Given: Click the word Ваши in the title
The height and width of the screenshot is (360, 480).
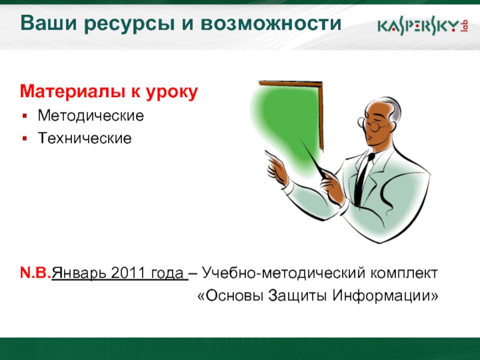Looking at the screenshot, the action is (48, 23).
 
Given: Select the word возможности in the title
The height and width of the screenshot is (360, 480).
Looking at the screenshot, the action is (271, 23).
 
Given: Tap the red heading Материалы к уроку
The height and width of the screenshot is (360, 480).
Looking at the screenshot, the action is (109, 92).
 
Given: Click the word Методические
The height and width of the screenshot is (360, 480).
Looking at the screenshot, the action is (91, 116).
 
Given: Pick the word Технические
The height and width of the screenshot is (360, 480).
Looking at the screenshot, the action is (85, 138).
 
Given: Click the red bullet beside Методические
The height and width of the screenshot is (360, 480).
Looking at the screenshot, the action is (25, 116).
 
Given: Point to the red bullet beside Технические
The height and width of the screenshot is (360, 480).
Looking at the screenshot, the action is (25, 139).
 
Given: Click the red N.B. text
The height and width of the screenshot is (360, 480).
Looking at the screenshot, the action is (35, 272).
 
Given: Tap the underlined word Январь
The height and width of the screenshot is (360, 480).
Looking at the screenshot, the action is (79, 273).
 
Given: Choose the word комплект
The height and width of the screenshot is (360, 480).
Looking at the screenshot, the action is (404, 273).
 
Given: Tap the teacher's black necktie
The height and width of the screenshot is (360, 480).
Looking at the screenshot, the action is (363, 179).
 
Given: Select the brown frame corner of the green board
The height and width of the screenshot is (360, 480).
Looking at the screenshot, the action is (320, 84).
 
